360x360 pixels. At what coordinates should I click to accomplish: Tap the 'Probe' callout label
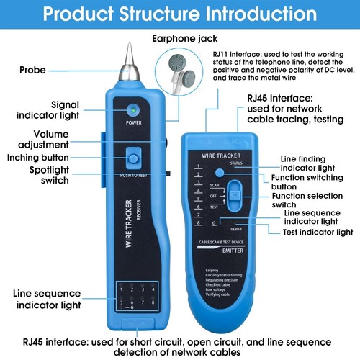[34, 70]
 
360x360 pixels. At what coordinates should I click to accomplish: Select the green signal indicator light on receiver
[133, 110]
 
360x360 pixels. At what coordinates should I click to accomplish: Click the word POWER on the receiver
[133, 122]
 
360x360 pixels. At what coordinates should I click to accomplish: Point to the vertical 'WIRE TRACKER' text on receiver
[130, 222]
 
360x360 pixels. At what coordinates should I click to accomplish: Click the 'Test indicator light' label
[318, 232]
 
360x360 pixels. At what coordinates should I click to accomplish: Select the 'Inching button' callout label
[38, 158]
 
